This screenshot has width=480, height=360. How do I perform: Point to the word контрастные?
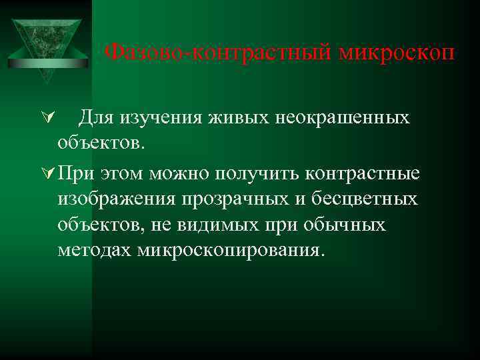[x=363, y=175]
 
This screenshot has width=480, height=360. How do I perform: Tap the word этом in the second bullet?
[x=124, y=175]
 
